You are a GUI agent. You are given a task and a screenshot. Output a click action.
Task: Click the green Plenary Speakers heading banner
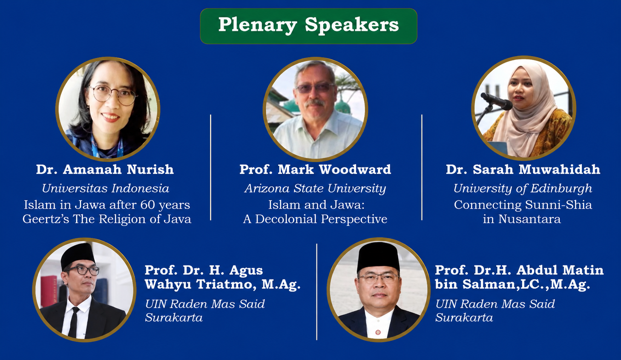pyautogui.click(x=308, y=26)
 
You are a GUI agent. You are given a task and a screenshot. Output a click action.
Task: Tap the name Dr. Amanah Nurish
pyautogui.click(x=105, y=169)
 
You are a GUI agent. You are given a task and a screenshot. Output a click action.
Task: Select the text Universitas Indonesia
pyautogui.click(x=105, y=188)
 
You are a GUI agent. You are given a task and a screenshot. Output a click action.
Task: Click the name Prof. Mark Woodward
pyautogui.click(x=315, y=169)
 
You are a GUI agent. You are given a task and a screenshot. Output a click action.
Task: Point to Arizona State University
pyautogui.click(x=315, y=189)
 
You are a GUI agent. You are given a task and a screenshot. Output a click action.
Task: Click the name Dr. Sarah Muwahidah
pyautogui.click(x=523, y=169)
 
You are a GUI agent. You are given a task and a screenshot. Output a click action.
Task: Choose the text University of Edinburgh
pyautogui.click(x=523, y=189)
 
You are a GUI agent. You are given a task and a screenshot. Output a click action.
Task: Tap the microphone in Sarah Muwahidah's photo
pyautogui.click(x=496, y=101)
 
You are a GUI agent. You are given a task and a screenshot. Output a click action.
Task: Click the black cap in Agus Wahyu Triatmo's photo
pyautogui.click(x=78, y=256)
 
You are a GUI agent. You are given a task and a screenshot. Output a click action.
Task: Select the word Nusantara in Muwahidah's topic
pyautogui.click(x=529, y=219)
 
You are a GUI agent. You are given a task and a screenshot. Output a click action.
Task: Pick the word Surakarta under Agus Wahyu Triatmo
pyautogui.click(x=174, y=317)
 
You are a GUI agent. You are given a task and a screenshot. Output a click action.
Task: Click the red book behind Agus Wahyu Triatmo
pyautogui.click(x=49, y=291)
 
